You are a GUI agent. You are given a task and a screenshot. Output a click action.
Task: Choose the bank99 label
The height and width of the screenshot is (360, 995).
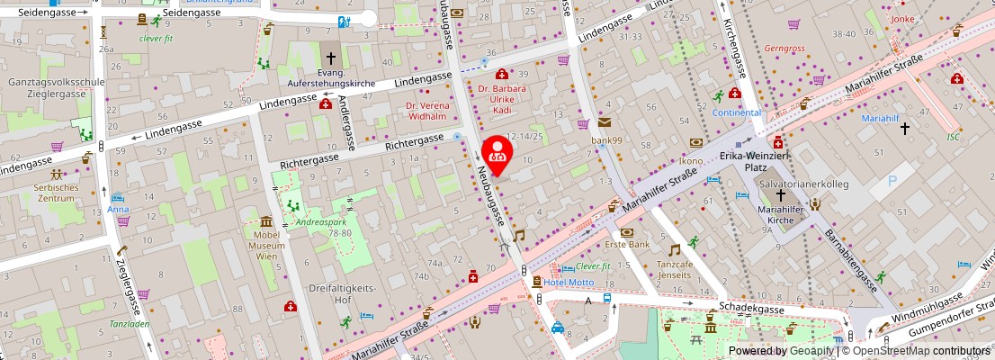(606, 140)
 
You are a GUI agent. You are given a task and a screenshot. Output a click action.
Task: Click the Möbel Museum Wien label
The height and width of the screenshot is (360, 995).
(265, 245)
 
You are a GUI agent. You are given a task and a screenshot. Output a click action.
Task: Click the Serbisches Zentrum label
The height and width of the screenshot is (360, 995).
(51, 192)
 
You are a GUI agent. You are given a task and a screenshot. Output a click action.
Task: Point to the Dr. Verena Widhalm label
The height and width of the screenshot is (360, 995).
(426, 111)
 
